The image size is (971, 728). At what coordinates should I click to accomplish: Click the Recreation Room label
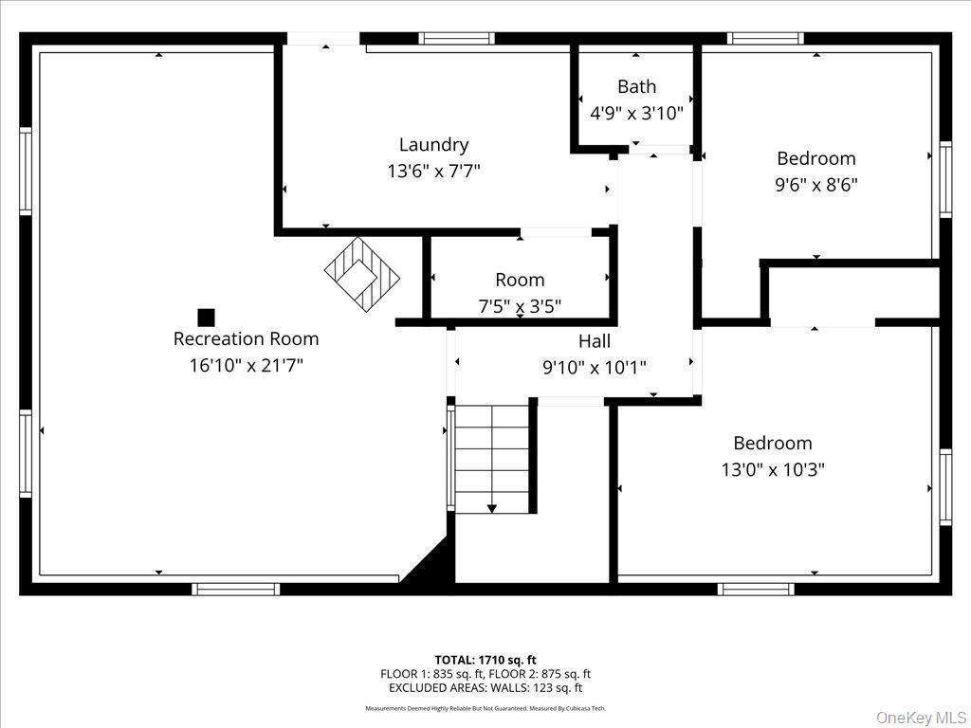pos(246,338)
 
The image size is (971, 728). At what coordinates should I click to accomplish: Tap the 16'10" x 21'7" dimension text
pos(246,365)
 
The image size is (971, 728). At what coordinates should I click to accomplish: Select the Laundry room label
pos(433,145)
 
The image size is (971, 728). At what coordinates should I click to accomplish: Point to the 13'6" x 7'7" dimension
pos(433,172)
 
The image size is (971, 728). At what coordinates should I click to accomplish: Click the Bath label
pos(636,86)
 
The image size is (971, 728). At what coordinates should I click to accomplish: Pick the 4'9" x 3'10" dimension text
pos(636,112)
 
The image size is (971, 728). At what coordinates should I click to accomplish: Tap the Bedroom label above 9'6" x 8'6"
pos(815,158)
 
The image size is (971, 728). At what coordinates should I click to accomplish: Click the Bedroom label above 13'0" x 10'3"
pos(772,443)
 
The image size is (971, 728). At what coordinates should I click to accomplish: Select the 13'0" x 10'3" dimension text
pos(772,469)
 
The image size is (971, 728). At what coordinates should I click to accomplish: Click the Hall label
pos(595,341)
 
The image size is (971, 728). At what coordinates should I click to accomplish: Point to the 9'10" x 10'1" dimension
pos(595,367)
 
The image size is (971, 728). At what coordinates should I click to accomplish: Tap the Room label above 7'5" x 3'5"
pos(520,280)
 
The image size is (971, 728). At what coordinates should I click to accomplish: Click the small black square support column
pos(206,318)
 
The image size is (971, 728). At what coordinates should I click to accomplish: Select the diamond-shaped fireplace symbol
pos(361,275)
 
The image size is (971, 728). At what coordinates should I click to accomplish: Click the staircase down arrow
pos(492,508)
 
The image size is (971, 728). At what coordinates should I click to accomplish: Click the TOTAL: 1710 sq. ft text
pos(485,659)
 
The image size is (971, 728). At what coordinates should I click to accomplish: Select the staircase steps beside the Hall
pos(491,455)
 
